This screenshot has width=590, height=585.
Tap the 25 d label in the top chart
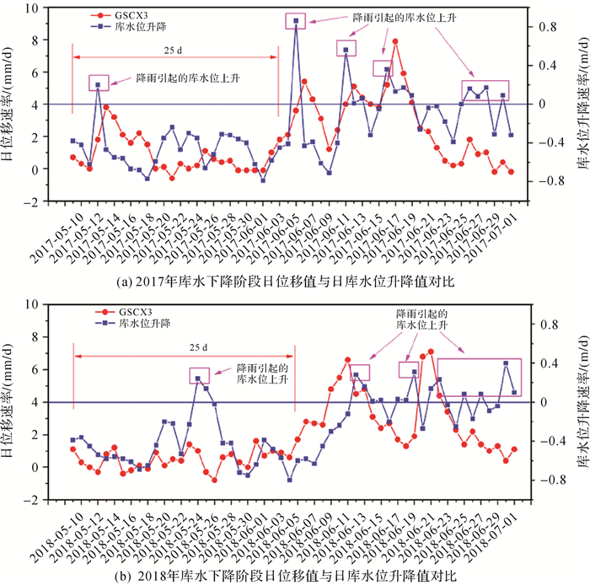pyautogui.click(x=175, y=49)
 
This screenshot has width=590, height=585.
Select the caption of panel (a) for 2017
pyautogui.click(x=294, y=276)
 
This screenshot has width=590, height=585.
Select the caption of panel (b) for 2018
pyautogui.click(x=294, y=575)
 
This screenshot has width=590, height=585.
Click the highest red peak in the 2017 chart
pyautogui.click(x=394, y=41)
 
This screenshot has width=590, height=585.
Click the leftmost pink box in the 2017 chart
pyautogui.click(x=99, y=82)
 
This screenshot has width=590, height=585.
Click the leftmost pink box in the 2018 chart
pyautogui.click(x=200, y=375)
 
